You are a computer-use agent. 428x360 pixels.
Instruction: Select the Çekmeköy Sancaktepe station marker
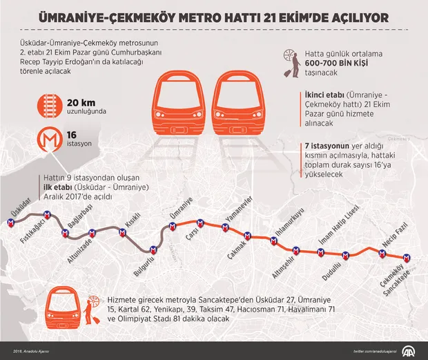(408, 257)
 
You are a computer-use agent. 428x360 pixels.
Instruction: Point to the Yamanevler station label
(245, 208)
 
